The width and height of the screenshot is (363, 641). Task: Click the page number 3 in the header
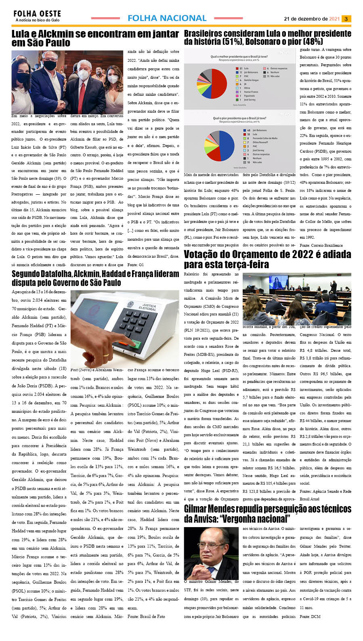[x=346, y=19]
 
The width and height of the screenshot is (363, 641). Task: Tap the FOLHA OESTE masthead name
[x=37, y=14]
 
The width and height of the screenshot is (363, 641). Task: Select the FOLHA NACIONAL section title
[x=167, y=18]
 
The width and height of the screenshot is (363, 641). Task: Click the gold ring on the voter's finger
[x=105, y=355]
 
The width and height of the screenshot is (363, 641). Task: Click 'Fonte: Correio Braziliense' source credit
[x=321, y=245]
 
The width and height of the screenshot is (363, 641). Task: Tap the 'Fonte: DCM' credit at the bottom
[x=310, y=616]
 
